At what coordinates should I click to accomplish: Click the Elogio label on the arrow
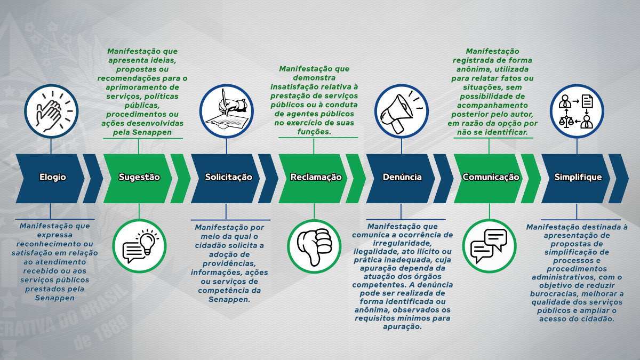pos(53,177)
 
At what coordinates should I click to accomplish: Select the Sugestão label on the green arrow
pos(139,177)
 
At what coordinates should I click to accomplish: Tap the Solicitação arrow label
pos(229,177)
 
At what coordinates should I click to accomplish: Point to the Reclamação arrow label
pos(316,177)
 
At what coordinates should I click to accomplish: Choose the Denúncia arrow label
pos(402,177)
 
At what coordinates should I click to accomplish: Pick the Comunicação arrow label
pos(491,177)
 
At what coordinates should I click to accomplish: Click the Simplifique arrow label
pos(578,177)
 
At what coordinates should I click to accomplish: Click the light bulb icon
pos(148,242)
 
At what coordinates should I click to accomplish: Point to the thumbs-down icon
pos(314,247)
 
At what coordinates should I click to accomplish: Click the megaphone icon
pos(400,113)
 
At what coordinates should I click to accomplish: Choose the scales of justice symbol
pos(566,121)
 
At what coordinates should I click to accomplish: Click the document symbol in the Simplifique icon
pos(587,101)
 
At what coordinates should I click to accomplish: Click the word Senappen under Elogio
pos(54,298)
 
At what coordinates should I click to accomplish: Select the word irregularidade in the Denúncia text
pos(402,243)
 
